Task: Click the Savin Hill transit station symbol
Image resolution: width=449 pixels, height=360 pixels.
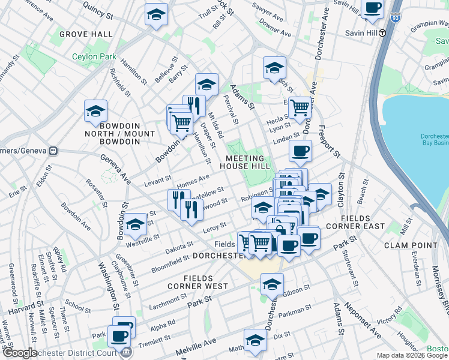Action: [382, 33]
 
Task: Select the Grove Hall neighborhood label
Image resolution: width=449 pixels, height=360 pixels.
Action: [85, 35]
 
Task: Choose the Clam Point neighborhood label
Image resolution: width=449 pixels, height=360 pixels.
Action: [409, 245]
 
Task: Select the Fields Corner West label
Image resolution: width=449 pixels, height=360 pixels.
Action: [206, 282]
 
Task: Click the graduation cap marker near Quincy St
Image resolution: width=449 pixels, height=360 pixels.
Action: [156, 15]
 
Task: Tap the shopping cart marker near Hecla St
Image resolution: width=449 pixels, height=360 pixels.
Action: [300, 109]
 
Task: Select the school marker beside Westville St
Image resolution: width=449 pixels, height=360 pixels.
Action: [136, 224]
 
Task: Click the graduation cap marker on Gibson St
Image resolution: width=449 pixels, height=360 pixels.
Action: [272, 285]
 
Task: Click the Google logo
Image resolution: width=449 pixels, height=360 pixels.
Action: [19, 353]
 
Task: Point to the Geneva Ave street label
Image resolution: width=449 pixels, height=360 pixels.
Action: [119, 168]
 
